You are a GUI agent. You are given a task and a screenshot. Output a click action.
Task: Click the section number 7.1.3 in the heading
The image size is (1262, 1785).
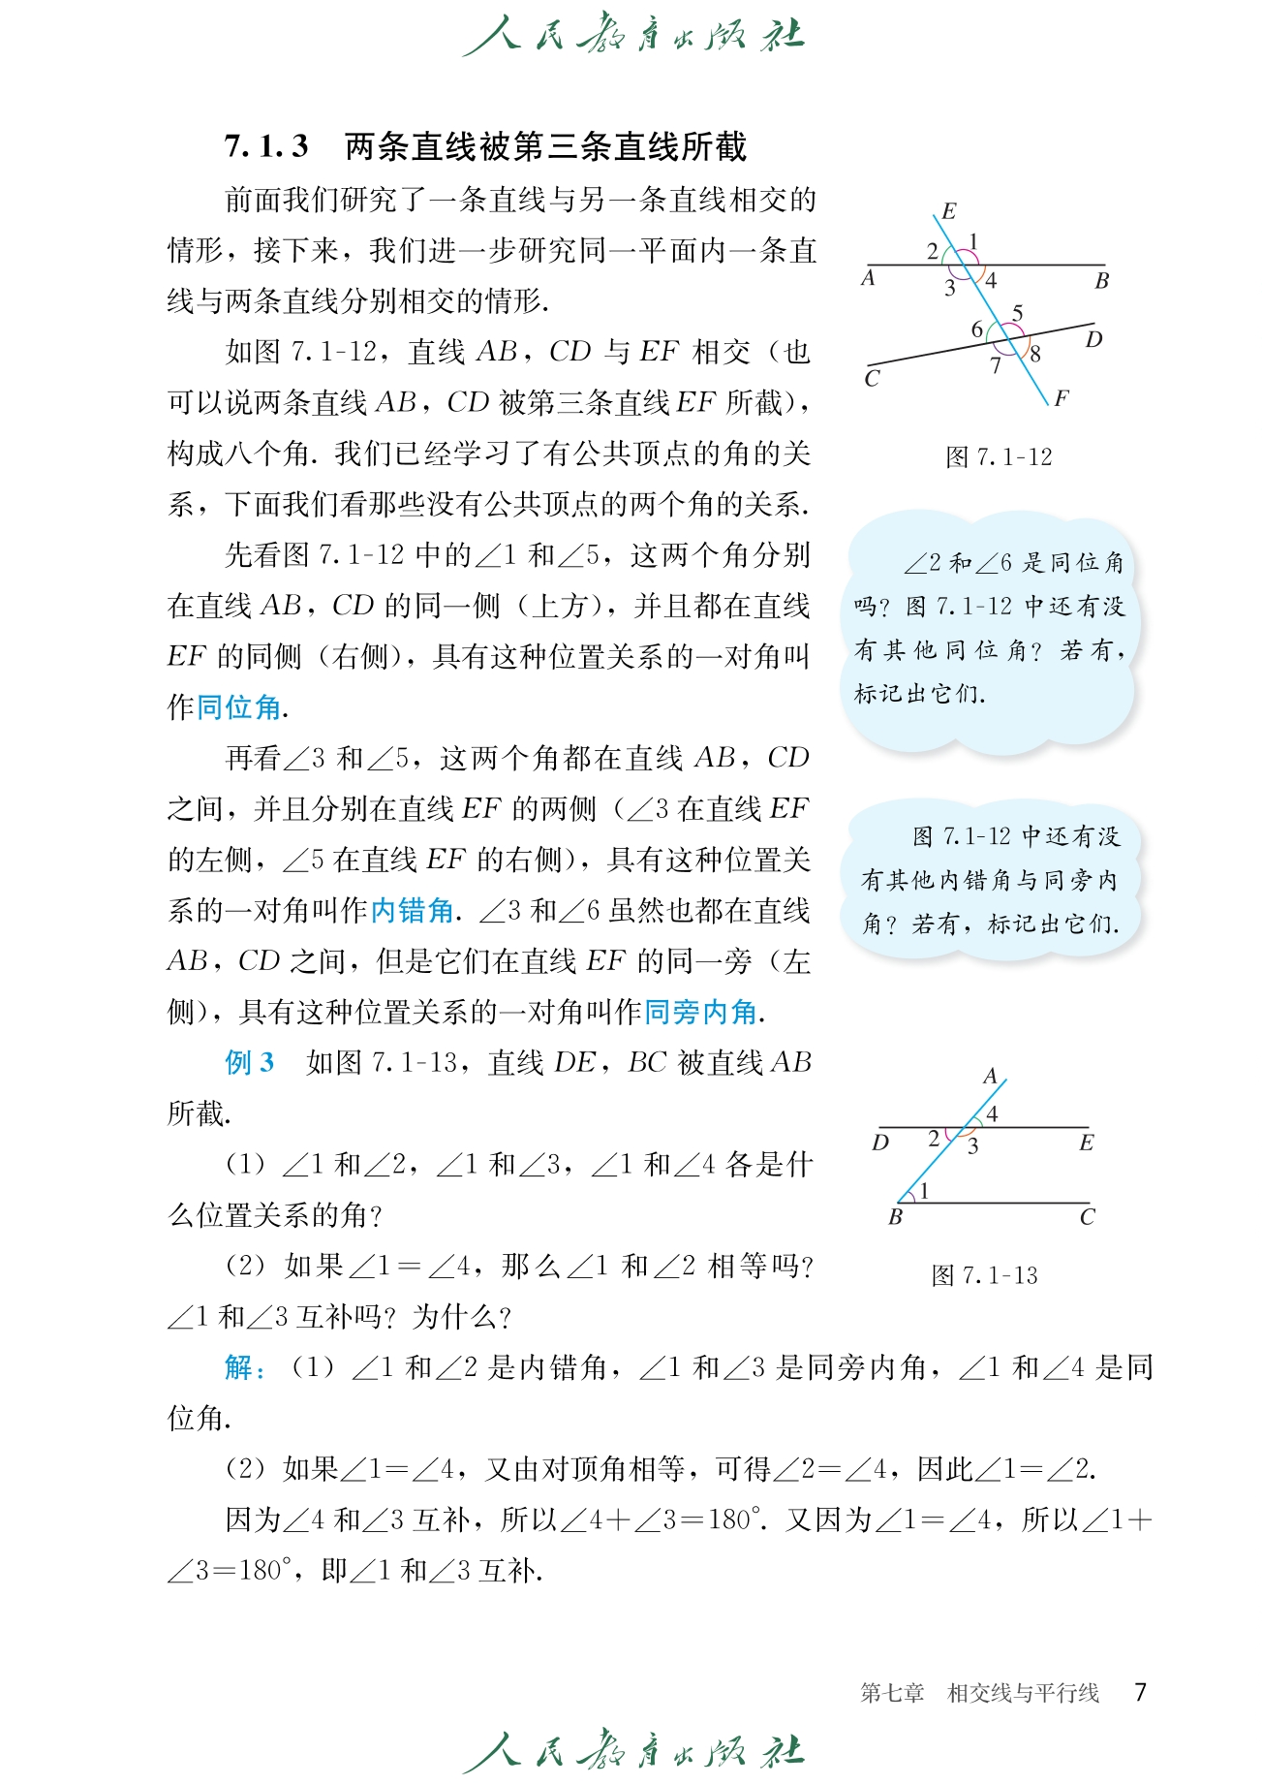coord(266,147)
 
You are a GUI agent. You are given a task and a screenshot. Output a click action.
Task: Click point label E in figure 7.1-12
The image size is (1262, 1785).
coord(948,211)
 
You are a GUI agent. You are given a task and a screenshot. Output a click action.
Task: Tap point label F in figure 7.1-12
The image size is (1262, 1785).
coord(1062,398)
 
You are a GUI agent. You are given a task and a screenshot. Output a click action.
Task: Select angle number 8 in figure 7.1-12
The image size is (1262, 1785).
coord(1034,355)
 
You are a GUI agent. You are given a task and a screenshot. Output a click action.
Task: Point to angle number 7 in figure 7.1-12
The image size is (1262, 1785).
coord(995,366)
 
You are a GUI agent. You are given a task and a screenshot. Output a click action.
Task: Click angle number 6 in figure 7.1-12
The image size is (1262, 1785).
coord(977,330)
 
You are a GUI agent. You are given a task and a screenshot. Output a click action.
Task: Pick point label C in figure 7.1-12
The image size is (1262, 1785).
coord(872,379)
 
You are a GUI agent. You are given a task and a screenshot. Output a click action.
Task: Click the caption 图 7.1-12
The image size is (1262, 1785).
coord(999,457)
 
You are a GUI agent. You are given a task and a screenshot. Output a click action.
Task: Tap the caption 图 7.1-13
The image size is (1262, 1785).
coord(984,1276)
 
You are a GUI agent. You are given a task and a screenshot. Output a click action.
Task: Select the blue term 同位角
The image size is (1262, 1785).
coord(238,707)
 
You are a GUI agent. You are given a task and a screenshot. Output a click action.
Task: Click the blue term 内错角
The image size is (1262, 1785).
coord(412,911)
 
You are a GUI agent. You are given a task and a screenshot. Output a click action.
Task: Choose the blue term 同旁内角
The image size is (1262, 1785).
coord(700,1013)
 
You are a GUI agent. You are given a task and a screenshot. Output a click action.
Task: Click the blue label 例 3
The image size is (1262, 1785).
coord(249,1063)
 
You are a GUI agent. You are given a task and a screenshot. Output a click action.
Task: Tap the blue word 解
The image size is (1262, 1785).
coord(238,1368)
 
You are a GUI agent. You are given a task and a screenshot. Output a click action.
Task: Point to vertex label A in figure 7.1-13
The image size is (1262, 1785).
coord(990,1077)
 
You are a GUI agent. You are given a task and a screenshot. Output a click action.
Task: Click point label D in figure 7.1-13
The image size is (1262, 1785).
coord(879,1143)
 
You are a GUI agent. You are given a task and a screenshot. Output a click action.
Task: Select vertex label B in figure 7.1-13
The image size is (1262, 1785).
coord(895,1217)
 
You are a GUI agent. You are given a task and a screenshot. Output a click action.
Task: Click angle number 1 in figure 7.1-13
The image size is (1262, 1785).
coord(924,1191)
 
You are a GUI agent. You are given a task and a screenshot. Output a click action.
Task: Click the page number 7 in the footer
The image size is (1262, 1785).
coord(1141,1693)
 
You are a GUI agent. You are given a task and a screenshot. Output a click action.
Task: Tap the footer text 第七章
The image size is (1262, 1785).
coord(891,1694)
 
